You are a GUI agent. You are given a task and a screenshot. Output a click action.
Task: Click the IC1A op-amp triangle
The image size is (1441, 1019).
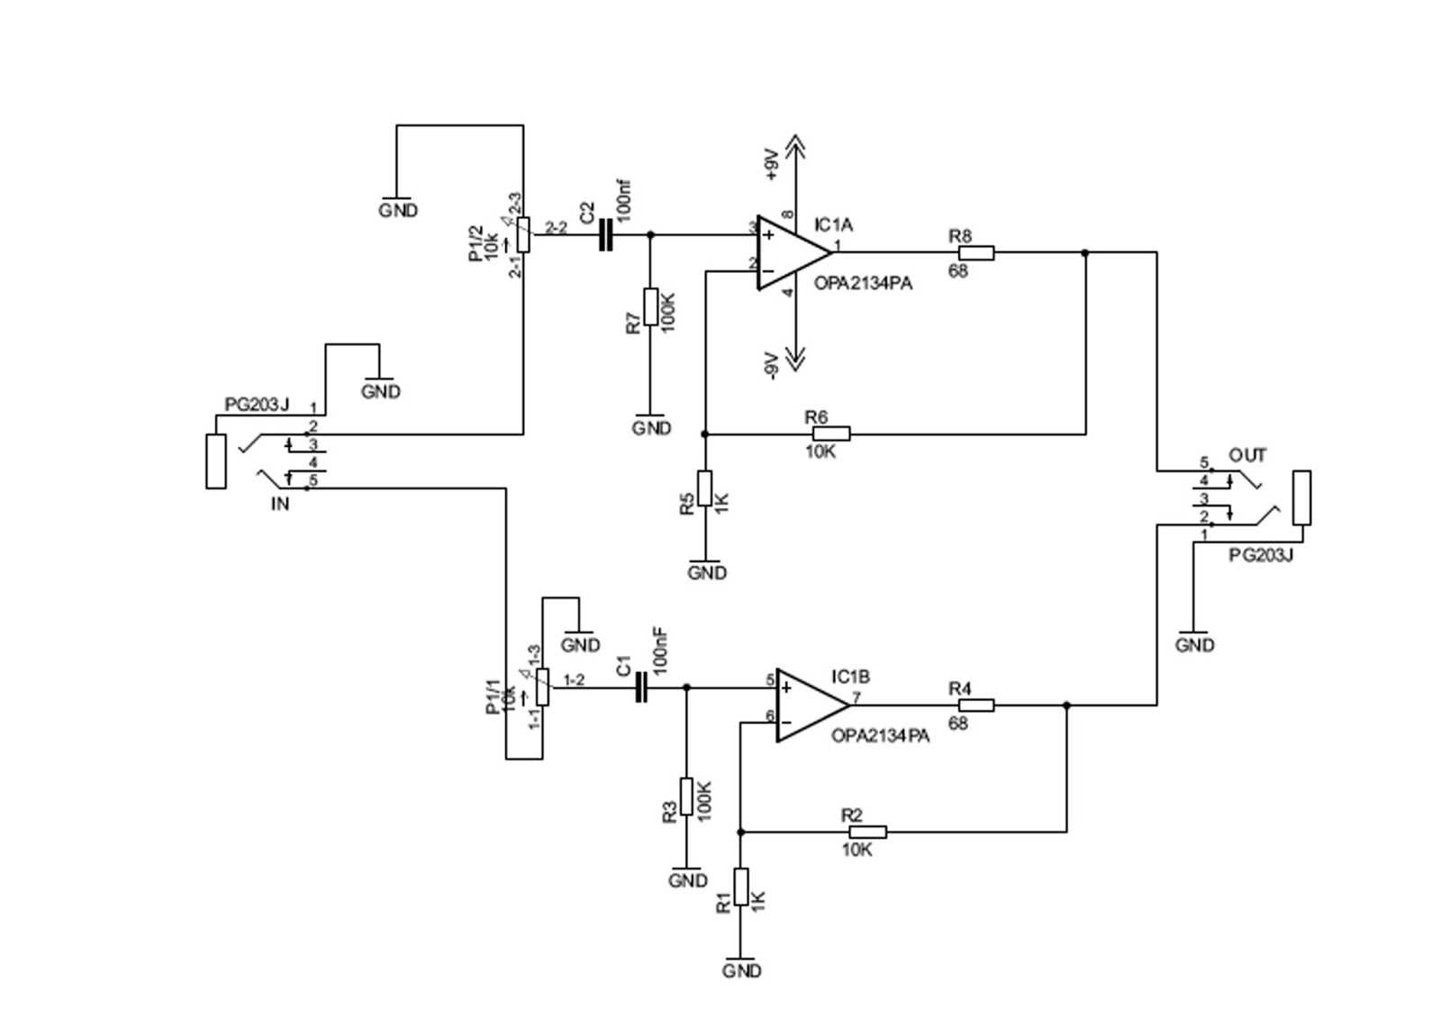coord(787,253)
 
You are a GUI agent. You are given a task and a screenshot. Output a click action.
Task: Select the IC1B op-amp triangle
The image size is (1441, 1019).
coord(806,705)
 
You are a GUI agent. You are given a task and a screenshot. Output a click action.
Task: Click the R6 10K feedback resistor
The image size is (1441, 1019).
coord(830,433)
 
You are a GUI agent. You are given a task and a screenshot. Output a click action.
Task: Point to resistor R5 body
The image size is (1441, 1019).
coord(705,487)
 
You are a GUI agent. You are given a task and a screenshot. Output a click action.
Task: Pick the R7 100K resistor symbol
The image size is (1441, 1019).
coord(651,306)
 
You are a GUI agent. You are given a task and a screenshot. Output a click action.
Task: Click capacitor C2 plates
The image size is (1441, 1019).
coord(605,236)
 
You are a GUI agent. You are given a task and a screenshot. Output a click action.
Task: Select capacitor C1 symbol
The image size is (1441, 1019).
coord(641,688)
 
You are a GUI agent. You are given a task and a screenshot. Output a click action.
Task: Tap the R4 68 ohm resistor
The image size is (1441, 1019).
coord(975,705)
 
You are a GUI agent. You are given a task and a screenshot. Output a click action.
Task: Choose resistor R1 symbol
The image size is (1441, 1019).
coord(740,886)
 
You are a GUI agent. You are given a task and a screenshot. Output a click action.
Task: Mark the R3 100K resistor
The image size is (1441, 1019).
coord(686,796)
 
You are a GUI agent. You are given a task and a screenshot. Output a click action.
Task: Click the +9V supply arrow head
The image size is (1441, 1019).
coord(794,144)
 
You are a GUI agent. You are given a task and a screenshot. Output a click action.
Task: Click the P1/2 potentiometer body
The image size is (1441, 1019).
coord(523,234)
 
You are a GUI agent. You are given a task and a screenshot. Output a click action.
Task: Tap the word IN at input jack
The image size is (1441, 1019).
coord(280,505)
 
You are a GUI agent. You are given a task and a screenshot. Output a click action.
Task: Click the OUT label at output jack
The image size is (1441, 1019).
coord(1247,455)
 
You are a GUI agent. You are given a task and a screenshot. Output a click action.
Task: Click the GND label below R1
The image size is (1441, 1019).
coord(742,970)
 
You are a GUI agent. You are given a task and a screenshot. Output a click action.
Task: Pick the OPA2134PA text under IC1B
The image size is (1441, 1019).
coord(880,735)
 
